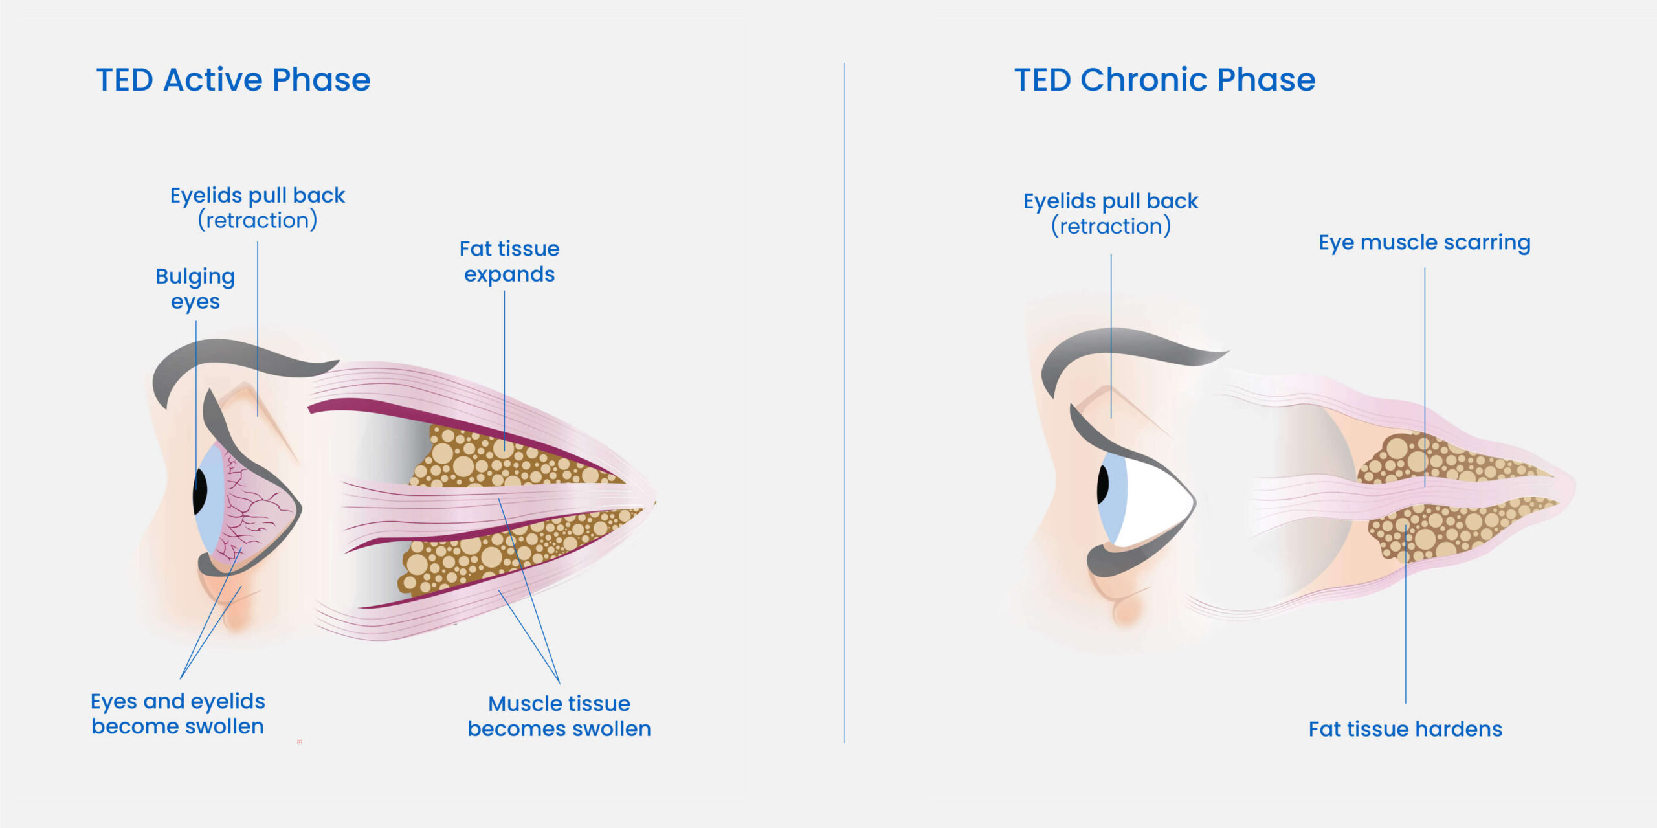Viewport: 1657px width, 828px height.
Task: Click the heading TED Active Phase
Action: coord(233,80)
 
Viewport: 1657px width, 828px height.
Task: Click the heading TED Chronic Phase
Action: coord(1164,80)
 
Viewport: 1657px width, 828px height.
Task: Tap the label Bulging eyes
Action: coord(195,289)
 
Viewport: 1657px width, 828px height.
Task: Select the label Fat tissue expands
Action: coord(509,262)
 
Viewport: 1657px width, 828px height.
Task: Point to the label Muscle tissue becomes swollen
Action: coord(559,716)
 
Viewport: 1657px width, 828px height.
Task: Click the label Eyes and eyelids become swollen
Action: coord(178,713)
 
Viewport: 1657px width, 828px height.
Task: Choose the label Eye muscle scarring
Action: coord(1425,242)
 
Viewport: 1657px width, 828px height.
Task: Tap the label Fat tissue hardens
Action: coord(1405,729)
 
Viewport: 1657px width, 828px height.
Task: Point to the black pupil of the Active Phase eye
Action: coord(200,492)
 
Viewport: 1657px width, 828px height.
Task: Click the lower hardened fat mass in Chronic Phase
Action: coord(1450,528)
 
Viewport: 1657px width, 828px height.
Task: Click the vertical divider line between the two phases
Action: coord(845,403)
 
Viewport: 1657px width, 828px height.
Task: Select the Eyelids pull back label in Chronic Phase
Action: coord(1111,214)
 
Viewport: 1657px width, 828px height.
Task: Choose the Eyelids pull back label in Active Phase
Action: coord(258,208)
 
